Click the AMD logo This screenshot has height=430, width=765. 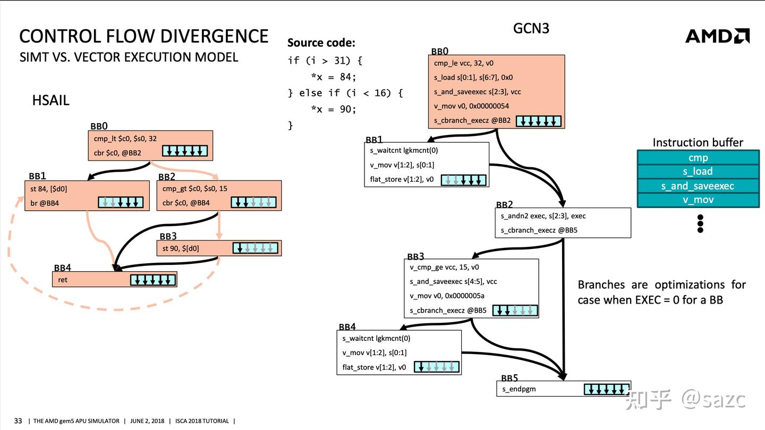[x=717, y=36]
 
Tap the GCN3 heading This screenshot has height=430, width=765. [x=531, y=28]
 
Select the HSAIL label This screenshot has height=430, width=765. [x=51, y=100]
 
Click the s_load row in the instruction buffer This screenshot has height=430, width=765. [x=698, y=171]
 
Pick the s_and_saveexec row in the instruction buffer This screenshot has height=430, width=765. [x=698, y=186]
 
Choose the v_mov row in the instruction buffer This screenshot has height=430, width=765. [x=698, y=200]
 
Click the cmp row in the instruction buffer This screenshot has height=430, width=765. [x=698, y=158]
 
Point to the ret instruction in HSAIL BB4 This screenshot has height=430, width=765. [x=63, y=280]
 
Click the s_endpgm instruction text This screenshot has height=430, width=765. [x=518, y=389]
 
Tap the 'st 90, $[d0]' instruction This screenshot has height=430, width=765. [x=180, y=248]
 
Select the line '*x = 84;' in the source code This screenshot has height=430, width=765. [x=333, y=77]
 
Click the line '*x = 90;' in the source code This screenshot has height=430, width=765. [x=333, y=109]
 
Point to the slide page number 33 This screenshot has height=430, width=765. [x=18, y=421]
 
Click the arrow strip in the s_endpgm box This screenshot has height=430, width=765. [x=606, y=390]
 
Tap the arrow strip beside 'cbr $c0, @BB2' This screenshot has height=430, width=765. [x=185, y=151]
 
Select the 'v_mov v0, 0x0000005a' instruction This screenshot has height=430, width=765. [x=447, y=296]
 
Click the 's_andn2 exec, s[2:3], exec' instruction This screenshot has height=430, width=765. [x=543, y=216]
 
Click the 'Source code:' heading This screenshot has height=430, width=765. [x=321, y=42]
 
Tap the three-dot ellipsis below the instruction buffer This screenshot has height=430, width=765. [x=700, y=224]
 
